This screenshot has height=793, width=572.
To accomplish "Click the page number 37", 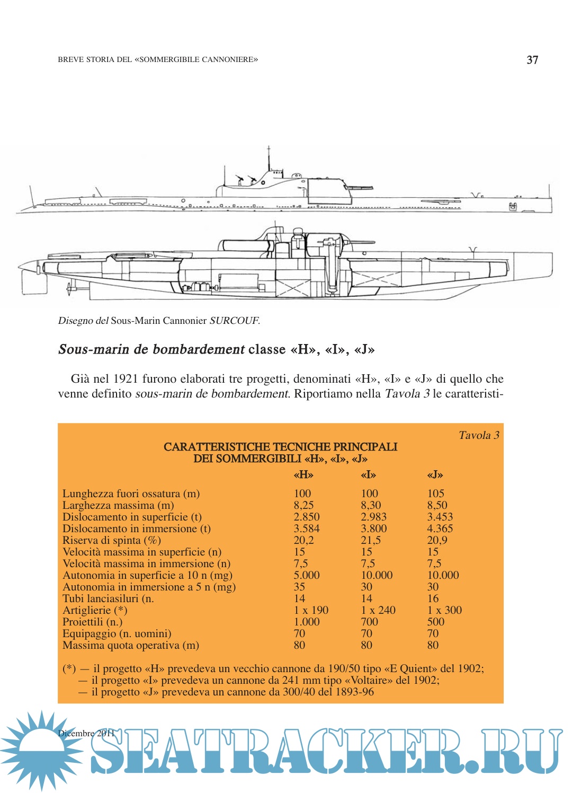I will (x=532, y=60).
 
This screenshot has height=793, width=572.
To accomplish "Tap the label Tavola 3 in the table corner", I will (x=479, y=435).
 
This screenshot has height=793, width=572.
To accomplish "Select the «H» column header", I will (x=303, y=475).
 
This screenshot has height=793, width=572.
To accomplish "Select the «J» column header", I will (x=435, y=475).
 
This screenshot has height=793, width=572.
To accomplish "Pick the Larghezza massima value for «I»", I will (x=371, y=505).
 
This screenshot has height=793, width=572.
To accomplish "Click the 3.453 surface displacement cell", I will (x=440, y=517).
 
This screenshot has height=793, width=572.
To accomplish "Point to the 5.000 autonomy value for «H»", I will (x=307, y=575).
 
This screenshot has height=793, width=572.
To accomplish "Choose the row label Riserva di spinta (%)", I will (x=111, y=540).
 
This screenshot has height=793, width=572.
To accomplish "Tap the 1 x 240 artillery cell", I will (x=378, y=610).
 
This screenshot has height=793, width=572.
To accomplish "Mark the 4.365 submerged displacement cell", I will (x=440, y=528).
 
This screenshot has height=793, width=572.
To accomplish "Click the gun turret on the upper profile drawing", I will (x=329, y=190).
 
